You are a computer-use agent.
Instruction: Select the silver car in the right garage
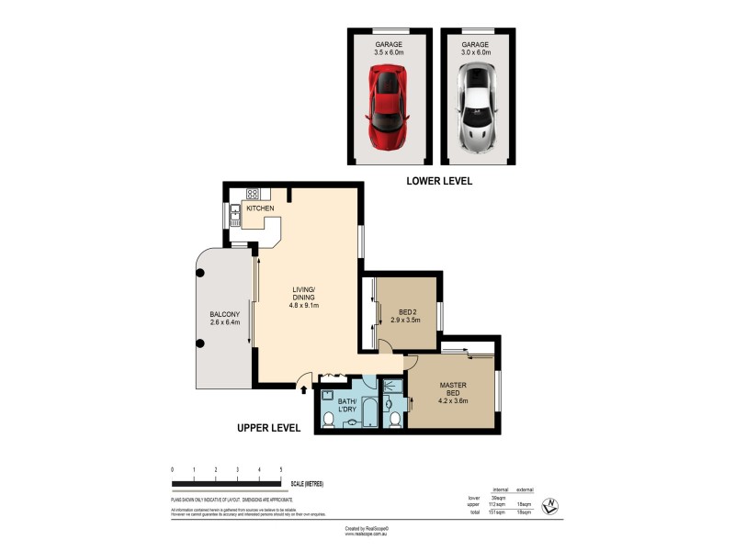pos(477,109)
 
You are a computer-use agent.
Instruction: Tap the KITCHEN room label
pos(259,208)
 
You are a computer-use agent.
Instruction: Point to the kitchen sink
pos(234,217)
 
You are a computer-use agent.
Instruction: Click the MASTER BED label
pos(452,390)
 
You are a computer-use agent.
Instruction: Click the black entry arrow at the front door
pos(304,389)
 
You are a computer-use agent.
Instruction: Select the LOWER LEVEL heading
pos(439,182)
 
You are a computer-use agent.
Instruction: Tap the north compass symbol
pos(549,505)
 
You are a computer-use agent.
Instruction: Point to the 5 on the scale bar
pos(281,469)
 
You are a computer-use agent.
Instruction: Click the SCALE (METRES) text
pos(307,484)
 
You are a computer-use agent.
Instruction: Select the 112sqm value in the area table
pos(500,504)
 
